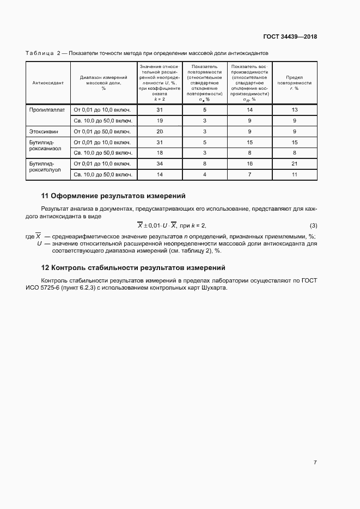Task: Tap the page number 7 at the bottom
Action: (315, 462)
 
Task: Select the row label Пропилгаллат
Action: (47, 109)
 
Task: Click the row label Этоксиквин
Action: (44, 131)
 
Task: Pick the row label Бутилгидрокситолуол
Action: (45, 169)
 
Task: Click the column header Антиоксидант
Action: (48, 83)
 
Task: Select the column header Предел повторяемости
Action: (294, 83)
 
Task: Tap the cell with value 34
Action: (160, 163)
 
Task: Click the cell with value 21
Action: (294, 163)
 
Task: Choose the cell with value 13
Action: (294, 109)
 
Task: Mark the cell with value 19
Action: (160, 120)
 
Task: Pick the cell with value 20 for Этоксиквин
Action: (160, 131)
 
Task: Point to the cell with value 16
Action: (249, 163)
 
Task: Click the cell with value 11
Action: (294, 174)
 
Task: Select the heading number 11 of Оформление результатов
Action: (46, 195)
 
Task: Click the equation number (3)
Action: (313, 225)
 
